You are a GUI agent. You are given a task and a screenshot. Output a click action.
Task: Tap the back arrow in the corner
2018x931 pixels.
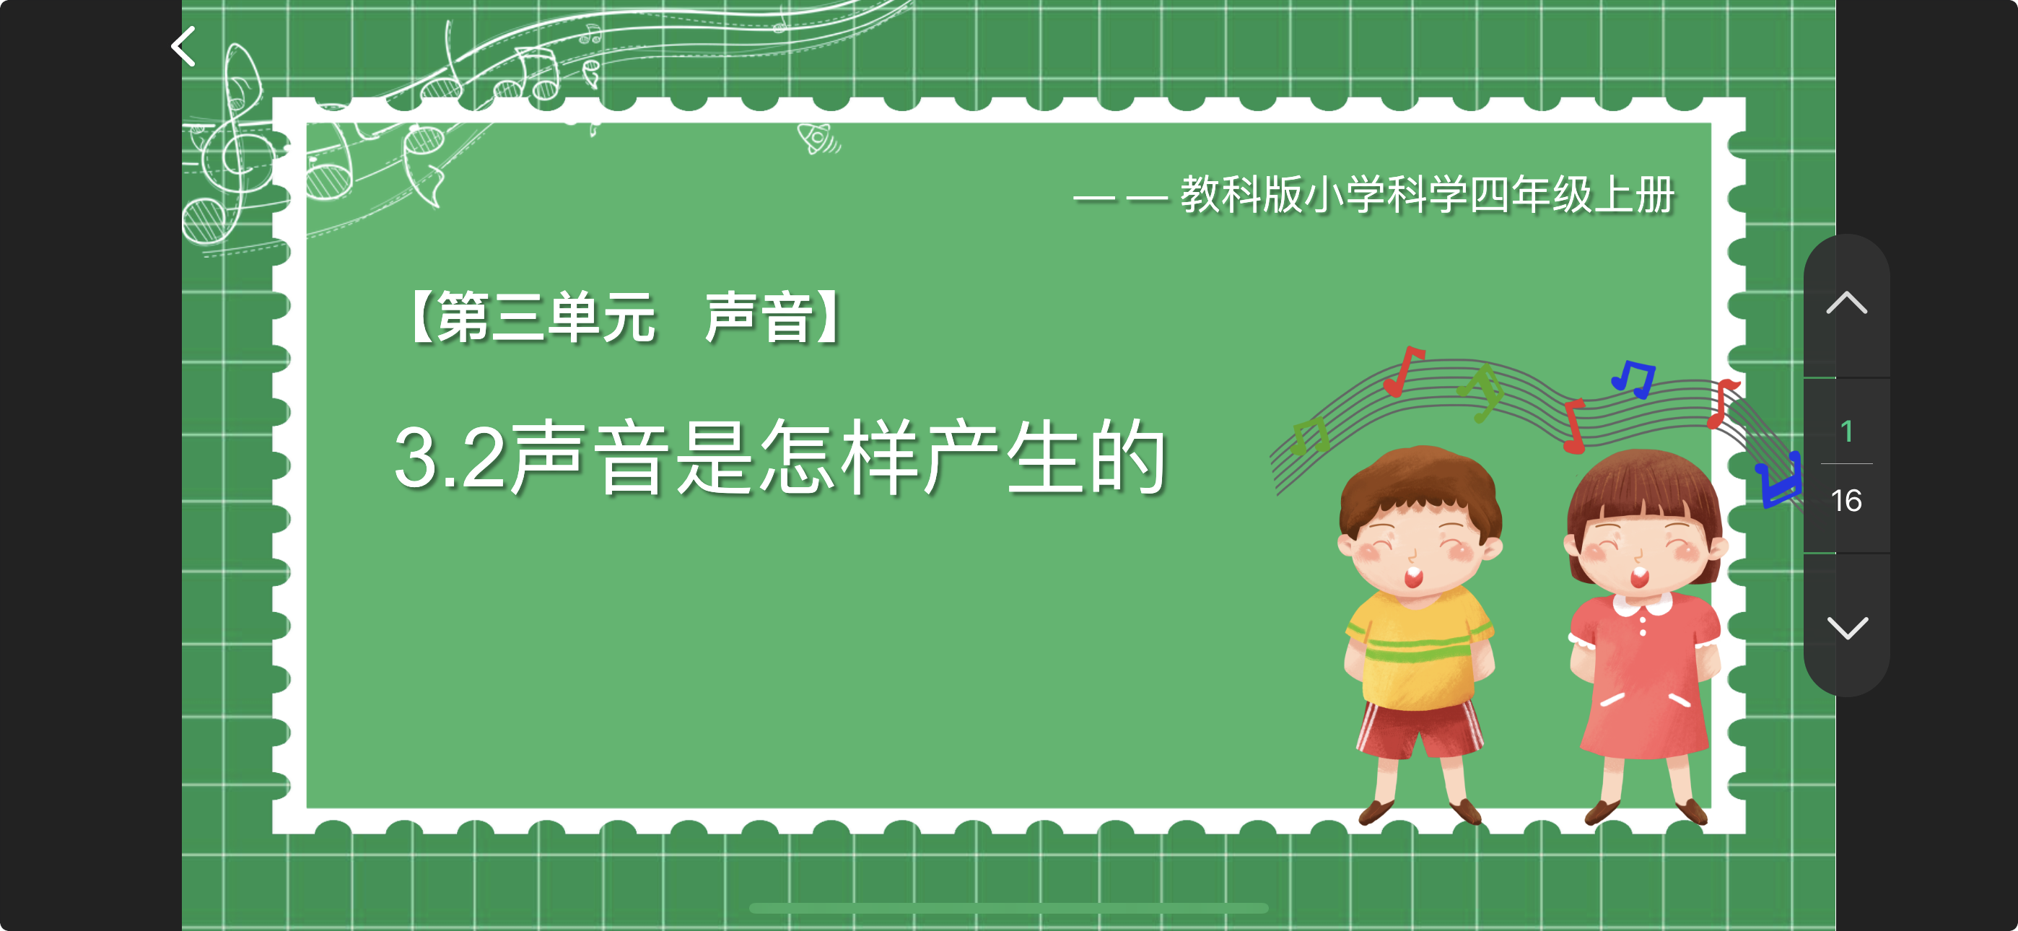pyautogui.click(x=183, y=46)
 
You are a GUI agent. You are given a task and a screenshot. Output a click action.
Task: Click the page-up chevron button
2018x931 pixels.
pyautogui.click(x=1846, y=302)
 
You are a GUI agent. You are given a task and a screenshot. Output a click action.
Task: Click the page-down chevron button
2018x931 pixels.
pyautogui.click(x=1846, y=628)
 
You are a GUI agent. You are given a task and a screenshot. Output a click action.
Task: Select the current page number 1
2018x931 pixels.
pyautogui.click(x=1846, y=431)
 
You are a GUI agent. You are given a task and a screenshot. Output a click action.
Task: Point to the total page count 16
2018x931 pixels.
pyautogui.click(x=1846, y=500)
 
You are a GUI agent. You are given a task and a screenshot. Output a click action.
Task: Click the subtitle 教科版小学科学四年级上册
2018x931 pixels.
pyautogui.click(x=1428, y=194)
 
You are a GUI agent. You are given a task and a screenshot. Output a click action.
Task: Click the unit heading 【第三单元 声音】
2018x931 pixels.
pyautogui.click(x=624, y=318)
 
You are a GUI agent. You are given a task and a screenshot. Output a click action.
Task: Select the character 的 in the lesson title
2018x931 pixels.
pyautogui.click(x=1129, y=457)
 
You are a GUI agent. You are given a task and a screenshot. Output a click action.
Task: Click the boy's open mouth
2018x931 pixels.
pyautogui.click(x=1413, y=578)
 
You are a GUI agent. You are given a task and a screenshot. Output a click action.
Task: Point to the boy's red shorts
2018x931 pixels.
pyautogui.click(x=1420, y=729)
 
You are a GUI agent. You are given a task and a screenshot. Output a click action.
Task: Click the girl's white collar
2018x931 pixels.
pyautogui.click(x=1642, y=604)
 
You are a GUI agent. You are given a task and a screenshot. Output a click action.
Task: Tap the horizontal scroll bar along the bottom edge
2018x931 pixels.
pyautogui.click(x=1008, y=909)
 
